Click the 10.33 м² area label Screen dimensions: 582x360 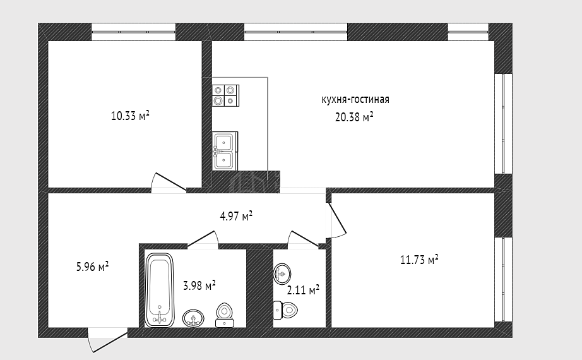pos(130,116)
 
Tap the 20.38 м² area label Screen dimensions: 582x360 pos(354,117)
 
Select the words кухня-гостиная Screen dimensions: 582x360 pos(355,100)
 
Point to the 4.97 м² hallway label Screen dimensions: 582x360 pos(236,216)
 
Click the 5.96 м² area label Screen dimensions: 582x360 pos(92,267)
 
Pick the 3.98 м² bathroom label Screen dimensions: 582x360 pos(199,285)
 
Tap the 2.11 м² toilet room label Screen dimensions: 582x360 pos(303,290)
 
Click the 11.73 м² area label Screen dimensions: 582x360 pos(419,260)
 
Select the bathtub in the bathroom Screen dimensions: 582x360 pos(160,290)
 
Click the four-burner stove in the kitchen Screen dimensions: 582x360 pos(226,95)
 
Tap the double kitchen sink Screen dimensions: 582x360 pos(225,151)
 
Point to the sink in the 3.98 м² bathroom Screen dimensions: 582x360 pos(193,318)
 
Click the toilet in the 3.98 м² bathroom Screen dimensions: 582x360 pos(225,315)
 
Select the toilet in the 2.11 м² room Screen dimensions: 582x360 pos(285,310)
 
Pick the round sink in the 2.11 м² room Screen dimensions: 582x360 pos(282,274)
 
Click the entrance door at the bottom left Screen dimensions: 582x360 pos(108,340)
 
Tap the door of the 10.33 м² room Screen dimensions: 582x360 pos(169,183)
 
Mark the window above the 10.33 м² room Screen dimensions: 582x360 pos(134,32)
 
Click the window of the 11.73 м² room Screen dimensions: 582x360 pos(504,279)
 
